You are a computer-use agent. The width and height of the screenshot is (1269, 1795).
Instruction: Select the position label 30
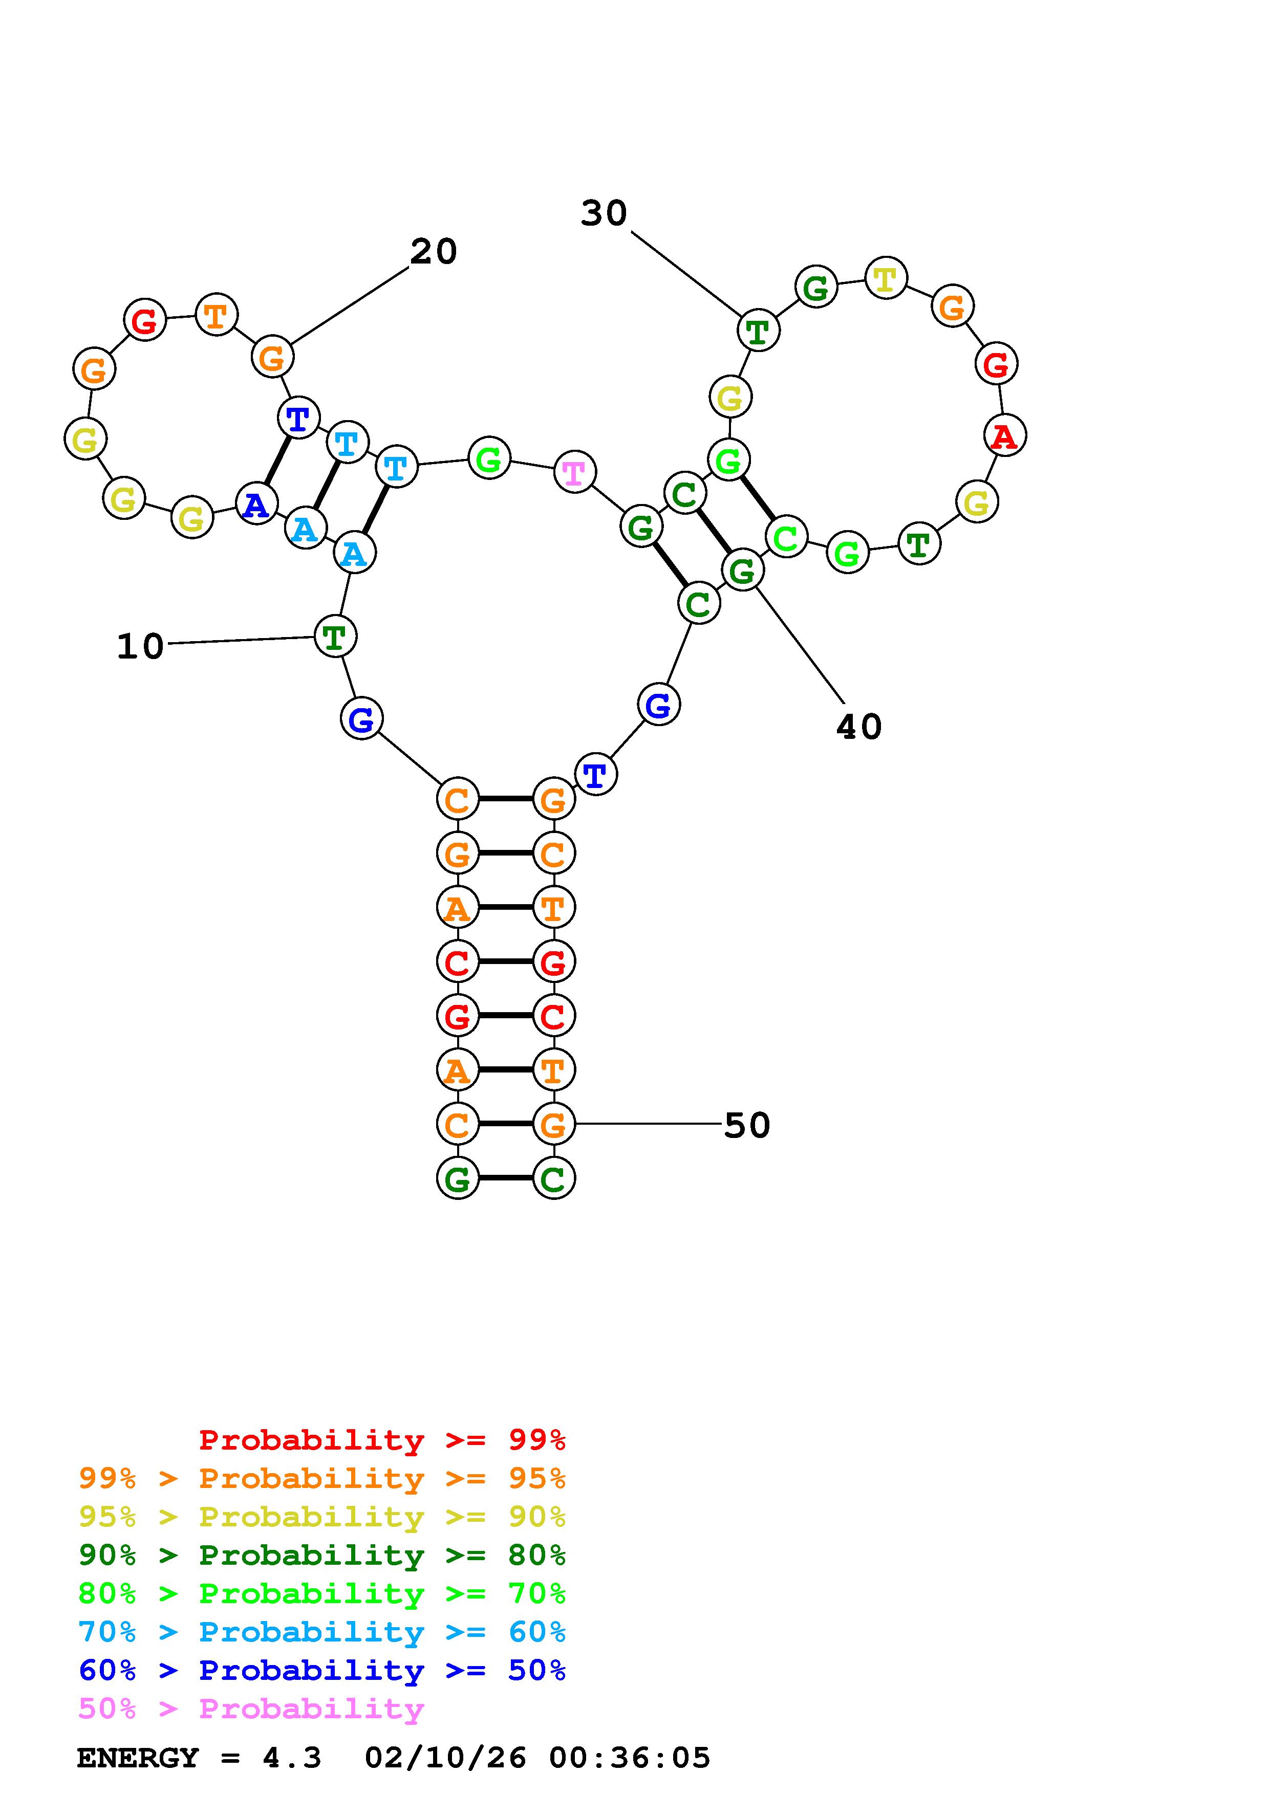(x=604, y=213)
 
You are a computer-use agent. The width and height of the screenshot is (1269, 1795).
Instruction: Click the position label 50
(x=747, y=1126)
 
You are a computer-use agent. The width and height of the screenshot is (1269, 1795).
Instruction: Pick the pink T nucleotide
(x=575, y=472)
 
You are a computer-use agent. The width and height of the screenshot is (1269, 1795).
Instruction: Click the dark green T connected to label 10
(x=335, y=637)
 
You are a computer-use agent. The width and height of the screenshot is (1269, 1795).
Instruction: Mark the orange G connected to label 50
(x=553, y=1124)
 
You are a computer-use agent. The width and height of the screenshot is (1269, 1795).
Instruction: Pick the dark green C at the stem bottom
(x=553, y=1178)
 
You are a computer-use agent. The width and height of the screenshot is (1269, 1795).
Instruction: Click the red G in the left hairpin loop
(x=145, y=320)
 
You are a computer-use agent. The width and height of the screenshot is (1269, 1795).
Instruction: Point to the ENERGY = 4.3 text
(x=199, y=1758)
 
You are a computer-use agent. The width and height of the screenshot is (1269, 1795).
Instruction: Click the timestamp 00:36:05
(x=630, y=1758)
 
